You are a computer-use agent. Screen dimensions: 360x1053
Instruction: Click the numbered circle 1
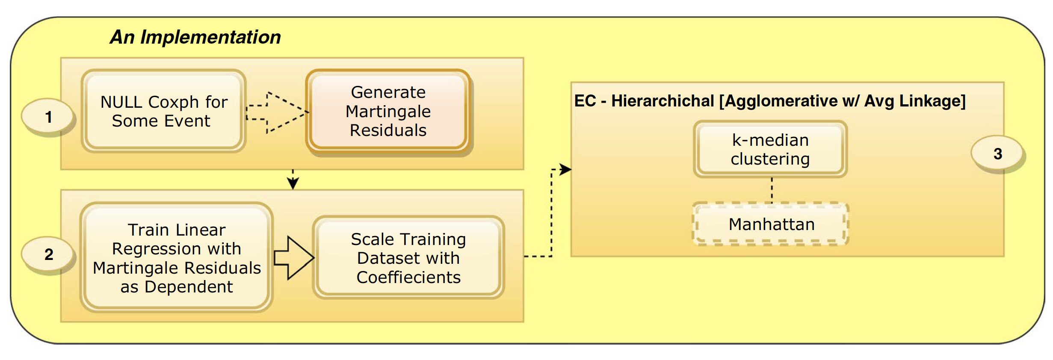pyautogui.click(x=48, y=117)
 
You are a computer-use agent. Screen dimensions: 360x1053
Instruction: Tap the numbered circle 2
pyautogui.click(x=48, y=254)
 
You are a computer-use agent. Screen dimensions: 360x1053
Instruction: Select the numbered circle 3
pyautogui.click(x=997, y=154)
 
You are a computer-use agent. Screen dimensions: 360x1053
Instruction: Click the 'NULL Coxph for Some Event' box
pyautogui.click(x=163, y=111)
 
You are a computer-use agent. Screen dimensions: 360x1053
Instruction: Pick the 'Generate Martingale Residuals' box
pyautogui.click(x=388, y=111)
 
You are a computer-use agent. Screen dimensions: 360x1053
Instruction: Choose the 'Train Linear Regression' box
pyautogui.click(x=176, y=258)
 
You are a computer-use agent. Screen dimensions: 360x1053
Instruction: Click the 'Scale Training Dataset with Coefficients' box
pyautogui.click(x=408, y=258)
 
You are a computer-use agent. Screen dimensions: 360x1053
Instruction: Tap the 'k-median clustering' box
pyautogui.click(x=770, y=149)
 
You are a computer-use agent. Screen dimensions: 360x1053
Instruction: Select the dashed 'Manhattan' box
pyautogui.click(x=771, y=224)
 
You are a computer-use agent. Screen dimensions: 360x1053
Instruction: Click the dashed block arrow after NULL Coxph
pyautogui.click(x=276, y=112)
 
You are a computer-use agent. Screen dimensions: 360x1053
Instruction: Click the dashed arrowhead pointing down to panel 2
pyautogui.click(x=293, y=183)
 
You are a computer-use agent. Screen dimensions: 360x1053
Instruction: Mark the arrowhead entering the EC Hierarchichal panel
pyautogui.click(x=565, y=169)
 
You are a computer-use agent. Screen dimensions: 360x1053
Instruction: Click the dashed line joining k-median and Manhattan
pyautogui.click(x=772, y=190)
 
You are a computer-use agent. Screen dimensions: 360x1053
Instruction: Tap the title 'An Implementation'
pyautogui.click(x=195, y=37)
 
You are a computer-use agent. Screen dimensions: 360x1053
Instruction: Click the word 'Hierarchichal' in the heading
pyautogui.click(x=663, y=101)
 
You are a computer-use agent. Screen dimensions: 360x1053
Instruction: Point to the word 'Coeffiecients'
pyautogui.click(x=408, y=277)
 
